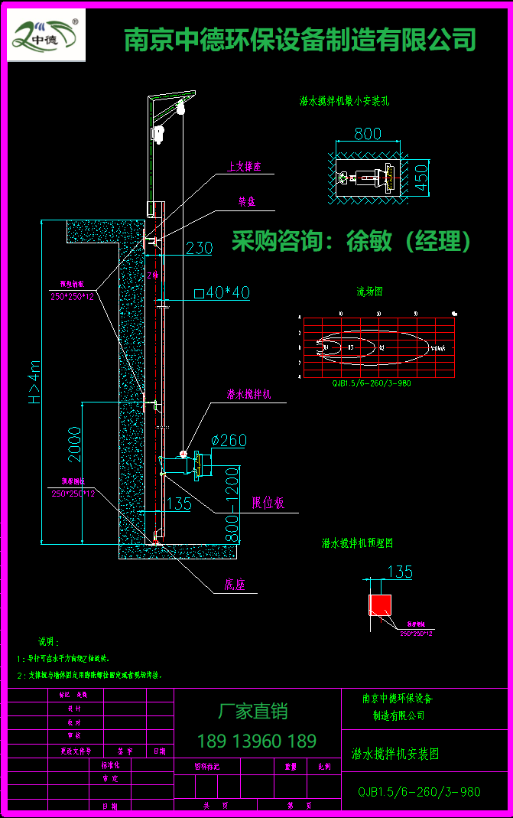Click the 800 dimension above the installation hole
point(367,134)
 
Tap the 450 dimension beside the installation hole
point(421,178)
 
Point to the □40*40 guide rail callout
point(222,292)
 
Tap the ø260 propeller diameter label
point(228,440)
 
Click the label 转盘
point(247,201)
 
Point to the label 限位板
point(268,503)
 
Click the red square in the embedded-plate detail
point(380,605)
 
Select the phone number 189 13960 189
point(257,741)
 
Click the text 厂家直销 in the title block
point(253,711)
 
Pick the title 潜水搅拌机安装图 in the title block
point(395,754)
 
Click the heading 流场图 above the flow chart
point(369,292)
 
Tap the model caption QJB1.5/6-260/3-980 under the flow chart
point(372,383)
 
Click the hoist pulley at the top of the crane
point(181,109)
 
